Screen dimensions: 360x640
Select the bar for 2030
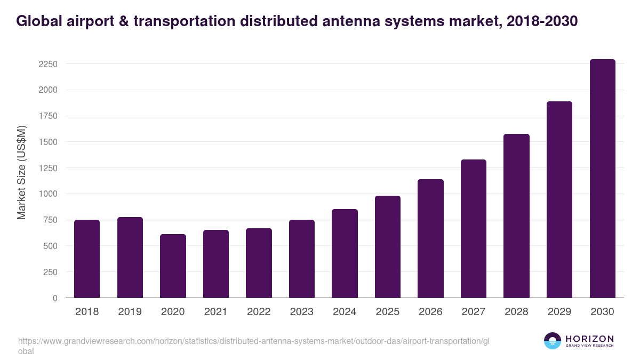602,179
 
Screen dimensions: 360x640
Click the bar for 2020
173,266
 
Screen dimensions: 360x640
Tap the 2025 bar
388,246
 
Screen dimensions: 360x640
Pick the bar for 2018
87,259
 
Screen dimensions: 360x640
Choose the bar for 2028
516,215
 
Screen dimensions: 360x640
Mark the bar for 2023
302,259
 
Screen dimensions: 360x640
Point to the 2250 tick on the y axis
47,64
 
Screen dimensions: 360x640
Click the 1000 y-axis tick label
47,194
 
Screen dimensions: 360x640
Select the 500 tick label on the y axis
50,246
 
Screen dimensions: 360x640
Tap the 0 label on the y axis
54,298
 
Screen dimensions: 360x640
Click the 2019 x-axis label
130,312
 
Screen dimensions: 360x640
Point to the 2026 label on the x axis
430,312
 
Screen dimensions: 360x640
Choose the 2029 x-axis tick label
559,312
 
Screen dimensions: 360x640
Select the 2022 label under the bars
259,312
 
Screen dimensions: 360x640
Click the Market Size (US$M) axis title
21,172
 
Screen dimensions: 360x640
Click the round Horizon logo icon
553,341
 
